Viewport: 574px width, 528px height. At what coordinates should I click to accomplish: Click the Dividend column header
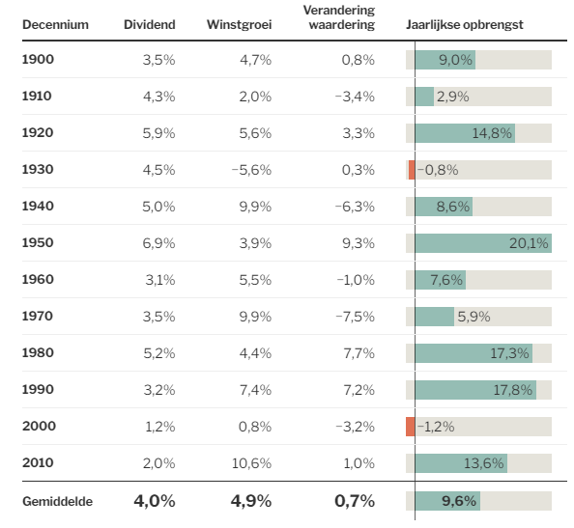click(150, 24)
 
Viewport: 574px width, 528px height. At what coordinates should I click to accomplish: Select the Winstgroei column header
click(239, 24)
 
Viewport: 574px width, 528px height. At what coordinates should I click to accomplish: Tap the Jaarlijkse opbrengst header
click(465, 24)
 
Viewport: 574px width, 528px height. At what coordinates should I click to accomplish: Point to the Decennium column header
click(55, 24)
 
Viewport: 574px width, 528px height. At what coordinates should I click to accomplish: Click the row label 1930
click(38, 169)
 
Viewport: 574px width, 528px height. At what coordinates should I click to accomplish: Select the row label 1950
click(38, 243)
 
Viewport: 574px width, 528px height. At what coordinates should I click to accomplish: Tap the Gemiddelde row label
click(57, 501)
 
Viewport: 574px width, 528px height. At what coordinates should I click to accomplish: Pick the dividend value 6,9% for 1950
click(158, 243)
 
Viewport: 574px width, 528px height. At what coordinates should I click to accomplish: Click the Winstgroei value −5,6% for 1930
click(251, 170)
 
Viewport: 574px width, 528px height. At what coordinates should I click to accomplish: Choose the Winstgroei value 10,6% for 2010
click(251, 463)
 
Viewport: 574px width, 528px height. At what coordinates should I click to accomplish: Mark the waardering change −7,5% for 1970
click(355, 317)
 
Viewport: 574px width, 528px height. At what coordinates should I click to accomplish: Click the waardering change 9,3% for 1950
click(359, 243)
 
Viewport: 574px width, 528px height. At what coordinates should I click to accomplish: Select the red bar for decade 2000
click(411, 427)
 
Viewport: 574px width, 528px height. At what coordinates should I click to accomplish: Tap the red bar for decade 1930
click(412, 170)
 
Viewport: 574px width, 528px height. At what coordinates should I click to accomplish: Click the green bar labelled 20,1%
click(483, 243)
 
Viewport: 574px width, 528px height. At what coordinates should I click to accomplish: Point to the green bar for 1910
click(424, 97)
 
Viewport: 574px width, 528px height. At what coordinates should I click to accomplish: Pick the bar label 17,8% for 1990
click(512, 390)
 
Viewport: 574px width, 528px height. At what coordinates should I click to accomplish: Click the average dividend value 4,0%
click(155, 501)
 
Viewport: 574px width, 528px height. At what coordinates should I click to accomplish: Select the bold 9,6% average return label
click(459, 501)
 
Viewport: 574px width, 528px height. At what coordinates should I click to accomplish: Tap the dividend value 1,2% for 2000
click(160, 427)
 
